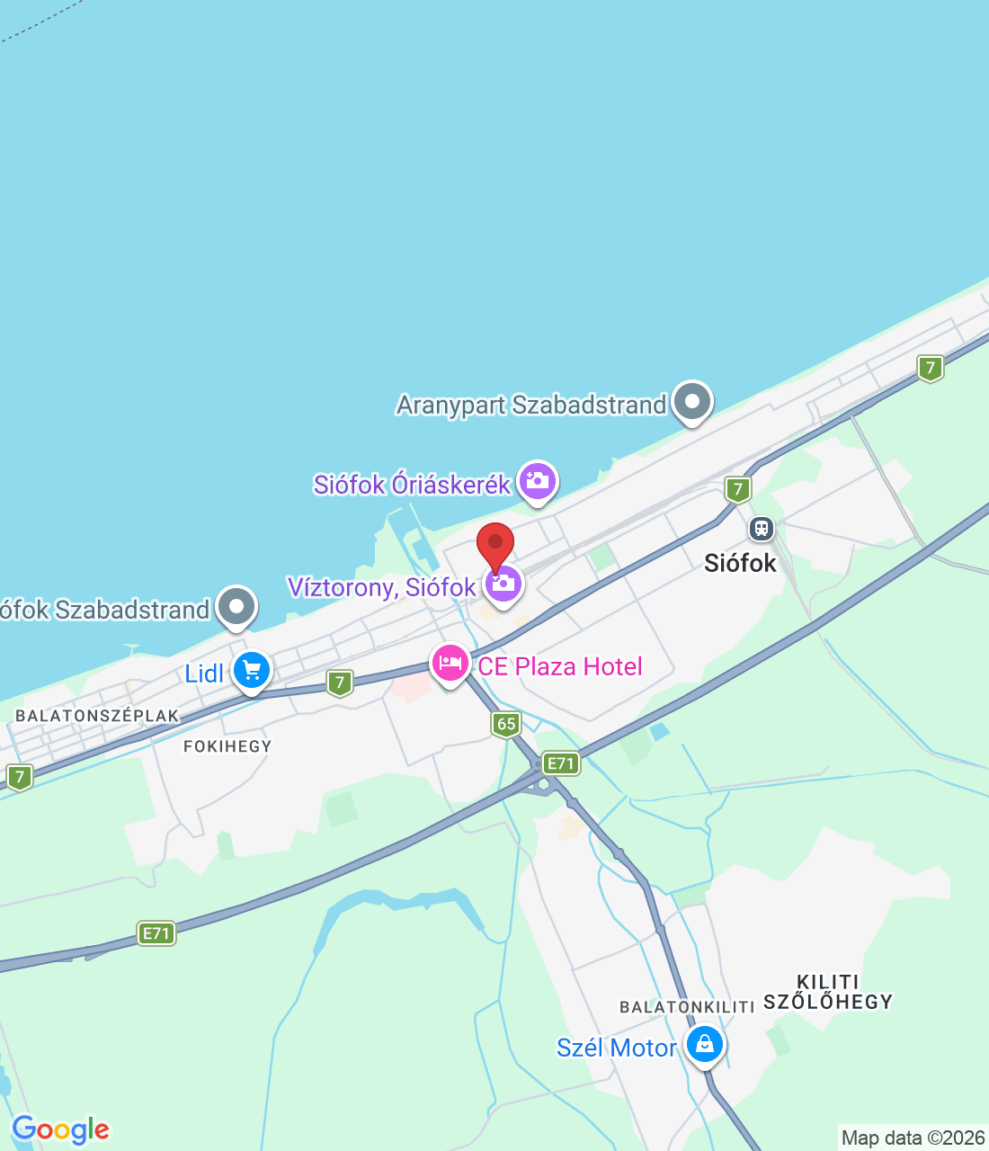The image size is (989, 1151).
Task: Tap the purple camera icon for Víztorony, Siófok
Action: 503,584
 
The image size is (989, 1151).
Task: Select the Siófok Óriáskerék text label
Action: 412,485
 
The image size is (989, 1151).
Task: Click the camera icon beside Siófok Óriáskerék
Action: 538,480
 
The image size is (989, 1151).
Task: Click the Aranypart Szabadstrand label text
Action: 531,405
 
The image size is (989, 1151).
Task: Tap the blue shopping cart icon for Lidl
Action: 252,670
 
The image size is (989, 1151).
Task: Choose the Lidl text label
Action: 204,674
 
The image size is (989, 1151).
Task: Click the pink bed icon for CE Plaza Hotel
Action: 450,664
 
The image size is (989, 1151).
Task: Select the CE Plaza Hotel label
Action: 560,666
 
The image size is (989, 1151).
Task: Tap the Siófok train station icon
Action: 762,529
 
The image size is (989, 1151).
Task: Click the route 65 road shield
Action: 507,724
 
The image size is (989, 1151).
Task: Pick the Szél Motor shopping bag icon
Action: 704,1044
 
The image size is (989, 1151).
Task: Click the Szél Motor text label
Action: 616,1048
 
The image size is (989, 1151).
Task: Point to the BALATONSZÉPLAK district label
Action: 97,716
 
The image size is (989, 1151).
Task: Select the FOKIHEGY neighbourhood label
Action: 227,746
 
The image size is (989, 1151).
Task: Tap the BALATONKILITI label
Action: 687,1007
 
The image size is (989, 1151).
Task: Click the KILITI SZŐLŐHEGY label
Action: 828,992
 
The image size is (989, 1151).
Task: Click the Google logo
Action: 60,1129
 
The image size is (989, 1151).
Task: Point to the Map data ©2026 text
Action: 913,1138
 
